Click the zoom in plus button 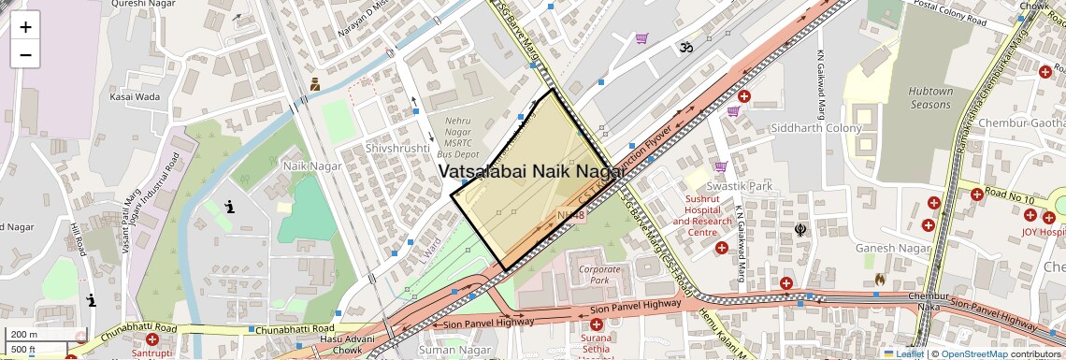pyautogui.click(x=25, y=27)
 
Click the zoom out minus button pyautogui.click(x=25, y=54)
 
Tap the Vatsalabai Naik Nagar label pyautogui.click(x=532, y=171)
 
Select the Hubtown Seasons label pyautogui.click(x=929, y=98)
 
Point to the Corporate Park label pyautogui.click(x=599, y=274)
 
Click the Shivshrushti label pyautogui.click(x=385, y=148)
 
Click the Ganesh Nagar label pyautogui.click(x=893, y=248)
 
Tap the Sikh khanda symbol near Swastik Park pyautogui.click(x=799, y=225)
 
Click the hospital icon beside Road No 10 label pyautogui.click(x=976, y=194)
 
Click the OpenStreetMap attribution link pyautogui.click(x=974, y=354)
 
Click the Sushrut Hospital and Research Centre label pyautogui.click(x=702, y=216)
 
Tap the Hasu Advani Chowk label pyautogui.click(x=334, y=343)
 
